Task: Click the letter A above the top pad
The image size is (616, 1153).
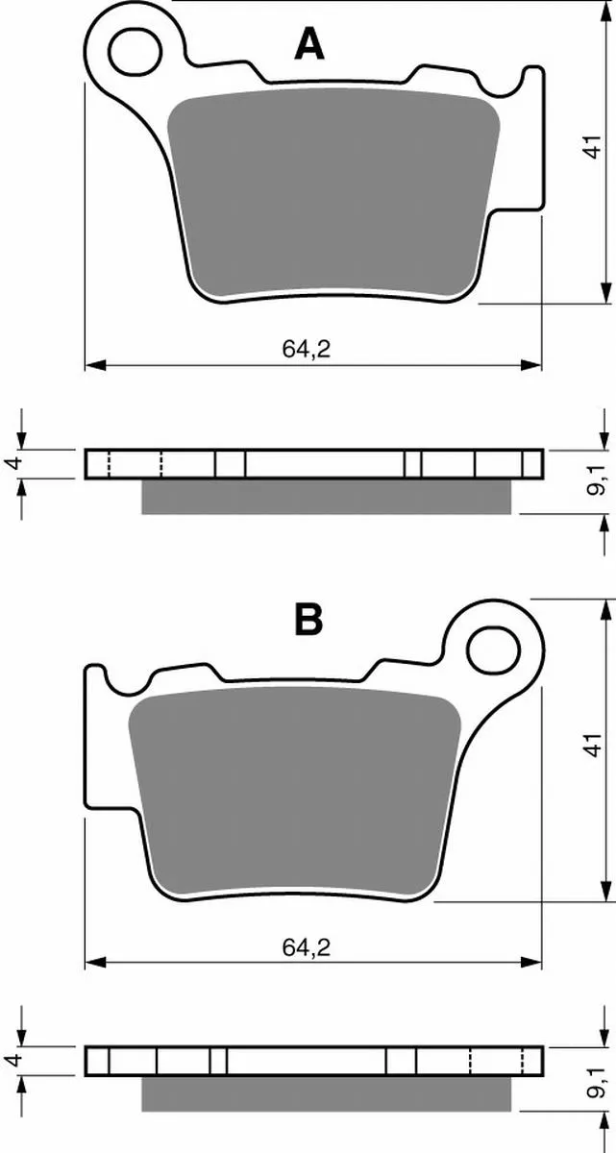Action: (x=309, y=44)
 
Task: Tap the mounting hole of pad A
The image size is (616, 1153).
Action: (x=136, y=52)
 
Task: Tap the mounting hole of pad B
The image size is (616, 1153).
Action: (x=493, y=650)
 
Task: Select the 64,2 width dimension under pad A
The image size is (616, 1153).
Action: (x=306, y=350)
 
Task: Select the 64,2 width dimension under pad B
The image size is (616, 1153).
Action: (x=306, y=947)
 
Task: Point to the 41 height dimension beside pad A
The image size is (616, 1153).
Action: (x=594, y=147)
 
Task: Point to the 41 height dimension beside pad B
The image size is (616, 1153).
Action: (x=594, y=745)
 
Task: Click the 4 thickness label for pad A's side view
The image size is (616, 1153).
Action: (x=15, y=463)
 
